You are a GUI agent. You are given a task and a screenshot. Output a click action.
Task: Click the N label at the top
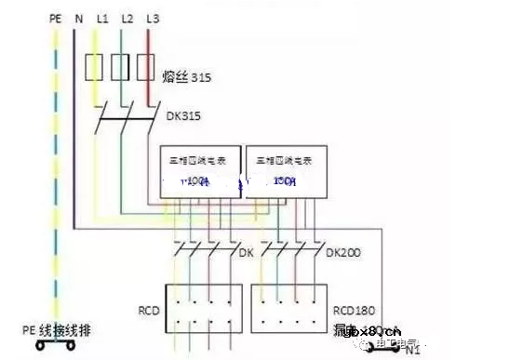(x=77, y=18)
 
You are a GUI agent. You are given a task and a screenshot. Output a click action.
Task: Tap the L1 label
(x=101, y=18)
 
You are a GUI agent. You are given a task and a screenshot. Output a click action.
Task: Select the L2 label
(x=127, y=18)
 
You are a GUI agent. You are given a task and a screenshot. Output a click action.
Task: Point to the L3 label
(x=153, y=18)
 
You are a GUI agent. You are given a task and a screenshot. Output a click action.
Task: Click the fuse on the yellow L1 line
(x=94, y=67)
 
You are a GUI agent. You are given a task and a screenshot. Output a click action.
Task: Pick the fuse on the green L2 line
(x=120, y=67)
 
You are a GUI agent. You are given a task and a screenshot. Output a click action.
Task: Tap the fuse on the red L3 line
(x=145, y=67)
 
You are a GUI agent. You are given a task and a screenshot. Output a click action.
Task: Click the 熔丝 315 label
(x=189, y=79)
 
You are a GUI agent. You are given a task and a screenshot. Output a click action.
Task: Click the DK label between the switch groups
(x=246, y=251)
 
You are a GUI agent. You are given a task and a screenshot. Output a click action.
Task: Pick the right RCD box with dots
(x=288, y=307)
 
